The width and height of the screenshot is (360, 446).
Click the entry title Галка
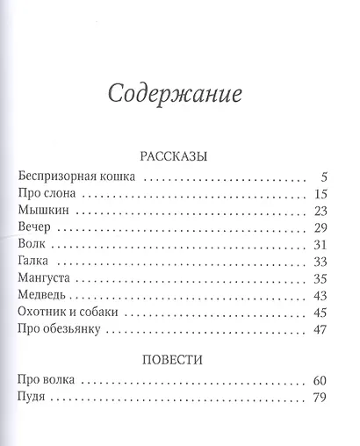[34, 262]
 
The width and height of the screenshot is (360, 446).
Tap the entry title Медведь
[41, 296]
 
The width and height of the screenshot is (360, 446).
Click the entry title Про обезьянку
[61, 330]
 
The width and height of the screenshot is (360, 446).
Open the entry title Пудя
[32, 399]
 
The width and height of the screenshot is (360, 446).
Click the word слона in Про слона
[60, 194]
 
